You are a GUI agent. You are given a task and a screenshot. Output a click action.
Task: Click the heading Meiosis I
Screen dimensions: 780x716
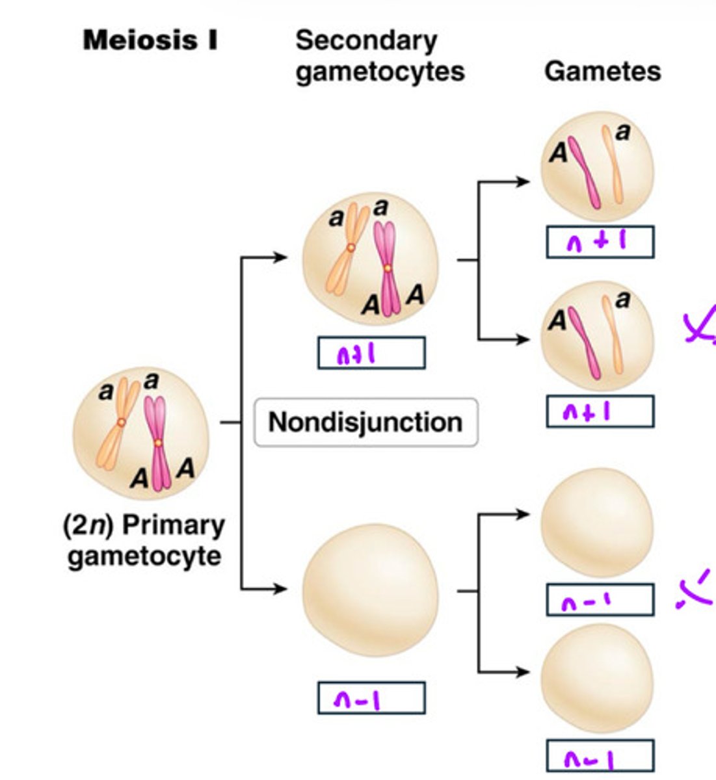pyautogui.click(x=150, y=40)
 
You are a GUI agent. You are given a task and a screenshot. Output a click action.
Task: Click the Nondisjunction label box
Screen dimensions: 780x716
pyautogui.click(x=365, y=422)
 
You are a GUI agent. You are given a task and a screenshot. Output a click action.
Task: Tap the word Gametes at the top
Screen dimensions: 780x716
pyautogui.click(x=602, y=71)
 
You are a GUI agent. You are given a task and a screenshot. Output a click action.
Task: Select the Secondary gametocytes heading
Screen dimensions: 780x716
pyautogui.click(x=380, y=56)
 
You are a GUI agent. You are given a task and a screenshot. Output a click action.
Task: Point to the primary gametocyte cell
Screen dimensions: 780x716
pyautogui.click(x=141, y=432)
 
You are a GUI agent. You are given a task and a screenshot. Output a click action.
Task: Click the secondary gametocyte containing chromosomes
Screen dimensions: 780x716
pyautogui.click(x=371, y=260)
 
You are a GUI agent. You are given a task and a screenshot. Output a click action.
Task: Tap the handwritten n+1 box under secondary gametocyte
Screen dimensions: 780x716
pyautogui.click(x=371, y=353)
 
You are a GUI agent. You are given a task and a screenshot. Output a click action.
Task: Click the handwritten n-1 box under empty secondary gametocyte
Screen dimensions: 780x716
pyautogui.click(x=371, y=698)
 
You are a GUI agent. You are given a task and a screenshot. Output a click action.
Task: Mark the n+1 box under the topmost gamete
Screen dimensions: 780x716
pyautogui.click(x=600, y=242)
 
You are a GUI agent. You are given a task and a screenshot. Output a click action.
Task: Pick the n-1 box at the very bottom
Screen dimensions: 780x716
pyautogui.click(x=600, y=757)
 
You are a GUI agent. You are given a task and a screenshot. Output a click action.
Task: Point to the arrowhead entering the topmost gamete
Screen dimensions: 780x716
pyautogui.click(x=524, y=182)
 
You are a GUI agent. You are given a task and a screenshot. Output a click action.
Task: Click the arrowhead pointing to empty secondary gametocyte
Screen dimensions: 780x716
pyautogui.click(x=280, y=589)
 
